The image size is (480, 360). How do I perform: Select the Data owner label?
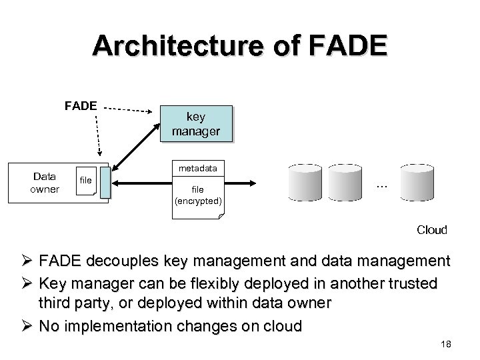click(46, 183)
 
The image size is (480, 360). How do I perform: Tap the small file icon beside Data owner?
click(87, 181)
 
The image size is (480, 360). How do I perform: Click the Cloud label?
click(432, 229)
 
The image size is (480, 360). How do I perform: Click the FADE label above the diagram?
click(81, 105)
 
